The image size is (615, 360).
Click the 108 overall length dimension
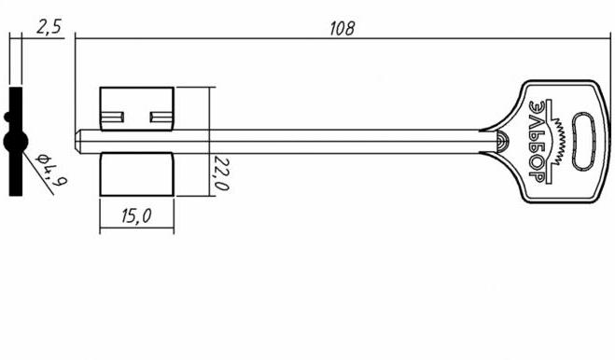point(342,29)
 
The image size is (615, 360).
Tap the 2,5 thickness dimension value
point(49,27)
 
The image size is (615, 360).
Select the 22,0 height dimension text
point(221,173)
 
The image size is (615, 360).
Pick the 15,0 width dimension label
point(136,216)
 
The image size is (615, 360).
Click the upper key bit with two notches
point(136,108)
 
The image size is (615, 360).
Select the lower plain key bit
point(136,174)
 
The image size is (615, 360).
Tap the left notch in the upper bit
point(113,117)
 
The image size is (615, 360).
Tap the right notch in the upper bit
point(161,117)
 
